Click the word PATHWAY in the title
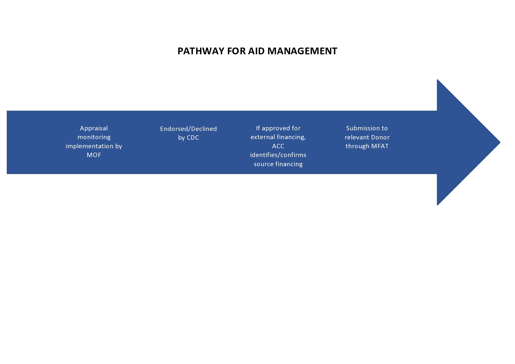point(201,51)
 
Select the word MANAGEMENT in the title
point(302,51)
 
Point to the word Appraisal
point(94,129)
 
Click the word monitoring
point(94,137)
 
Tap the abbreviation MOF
point(94,155)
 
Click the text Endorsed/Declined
point(189,129)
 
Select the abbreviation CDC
point(193,138)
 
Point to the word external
point(263,137)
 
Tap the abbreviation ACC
point(278,146)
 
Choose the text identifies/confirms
point(278,155)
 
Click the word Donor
point(380,137)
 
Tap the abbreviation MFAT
point(380,146)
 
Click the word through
point(357,146)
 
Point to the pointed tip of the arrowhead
point(500,142)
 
